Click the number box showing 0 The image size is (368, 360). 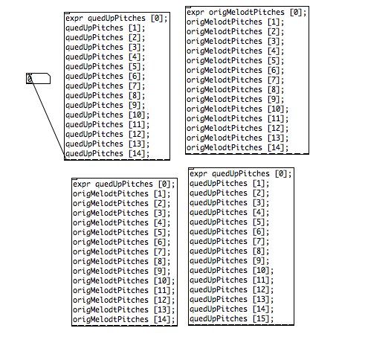[38, 79]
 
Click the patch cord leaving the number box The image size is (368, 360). [47, 118]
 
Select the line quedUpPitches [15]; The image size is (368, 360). [232, 318]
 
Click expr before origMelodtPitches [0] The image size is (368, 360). [196, 12]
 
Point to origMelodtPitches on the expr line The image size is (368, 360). [246, 12]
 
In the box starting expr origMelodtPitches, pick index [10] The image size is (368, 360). [276, 109]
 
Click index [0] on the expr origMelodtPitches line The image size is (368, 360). [296, 12]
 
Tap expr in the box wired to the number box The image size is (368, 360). [74, 19]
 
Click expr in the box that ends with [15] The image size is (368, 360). [198, 174]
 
